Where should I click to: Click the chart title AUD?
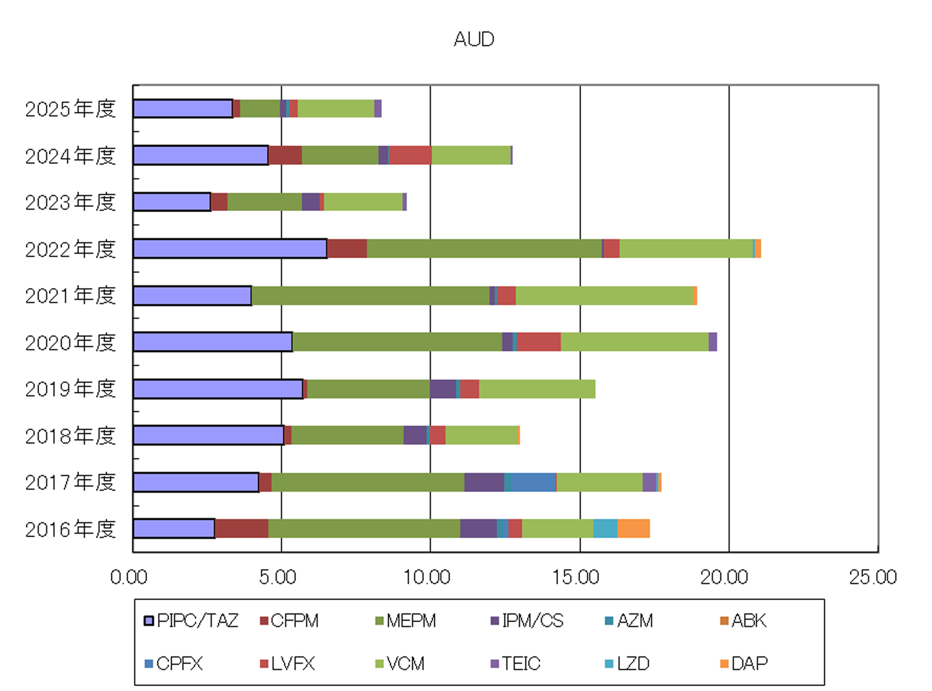click(x=474, y=39)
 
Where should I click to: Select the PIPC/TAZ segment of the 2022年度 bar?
click(x=230, y=249)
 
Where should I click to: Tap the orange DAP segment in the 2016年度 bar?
click(x=634, y=528)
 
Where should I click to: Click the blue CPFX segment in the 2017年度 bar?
click(x=534, y=482)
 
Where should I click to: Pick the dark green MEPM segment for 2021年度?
click(x=371, y=296)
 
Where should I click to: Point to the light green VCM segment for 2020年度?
click(x=635, y=342)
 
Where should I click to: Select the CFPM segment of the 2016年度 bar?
click(x=242, y=528)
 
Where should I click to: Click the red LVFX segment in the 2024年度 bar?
click(x=410, y=155)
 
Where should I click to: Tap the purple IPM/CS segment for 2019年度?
click(x=443, y=389)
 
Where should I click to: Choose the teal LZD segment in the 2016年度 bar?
click(x=605, y=528)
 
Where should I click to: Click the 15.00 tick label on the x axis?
click(x=575, y=577)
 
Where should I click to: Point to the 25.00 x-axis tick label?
click(x=873, y=577)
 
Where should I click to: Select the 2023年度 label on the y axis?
click(x=70, y=202)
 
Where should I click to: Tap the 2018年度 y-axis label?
click(x=70, y=436)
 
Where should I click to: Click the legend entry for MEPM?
click(x=406, y=621)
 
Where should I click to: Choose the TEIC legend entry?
click(x=515, y=664)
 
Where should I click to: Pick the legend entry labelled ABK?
click(x=743, y=621)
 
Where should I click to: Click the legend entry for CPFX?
click(x=174, y=664)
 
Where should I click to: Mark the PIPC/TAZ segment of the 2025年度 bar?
click(x=183, y=109)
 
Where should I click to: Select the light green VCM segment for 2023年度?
click(x=363, y=202)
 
